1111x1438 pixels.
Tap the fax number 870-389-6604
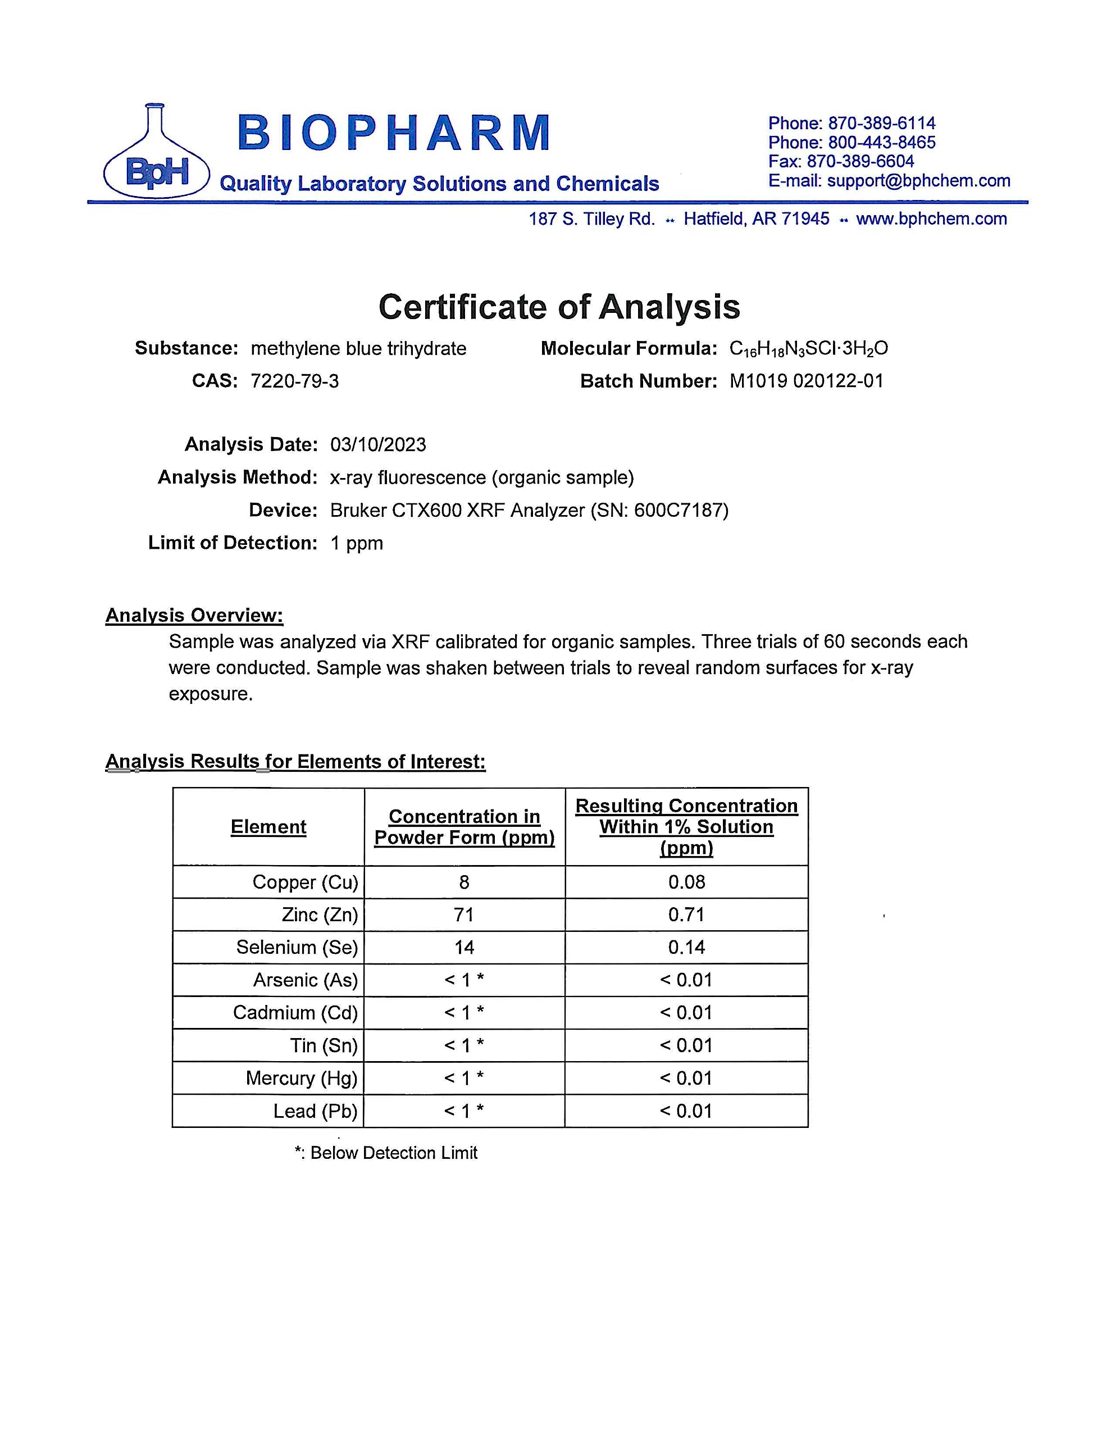tap(860, 161)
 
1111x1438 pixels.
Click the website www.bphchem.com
tap(931, 219)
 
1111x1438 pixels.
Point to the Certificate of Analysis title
tap(559, 307)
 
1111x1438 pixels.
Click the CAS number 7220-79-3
tap(294, 381)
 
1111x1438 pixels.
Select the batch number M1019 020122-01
tap(806, 381)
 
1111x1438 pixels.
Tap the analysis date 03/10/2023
tap(378, 444)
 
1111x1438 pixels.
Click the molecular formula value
tap(809, 348)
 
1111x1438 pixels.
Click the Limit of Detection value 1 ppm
tap(356, 543)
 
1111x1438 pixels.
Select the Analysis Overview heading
tap(194, 615)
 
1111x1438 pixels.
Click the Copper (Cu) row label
tap(305, 882)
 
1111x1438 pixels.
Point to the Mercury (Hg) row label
tap(301, 1078)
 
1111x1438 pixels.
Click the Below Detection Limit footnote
tap(386, 1153)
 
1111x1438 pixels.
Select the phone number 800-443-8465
tap(882, 142)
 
